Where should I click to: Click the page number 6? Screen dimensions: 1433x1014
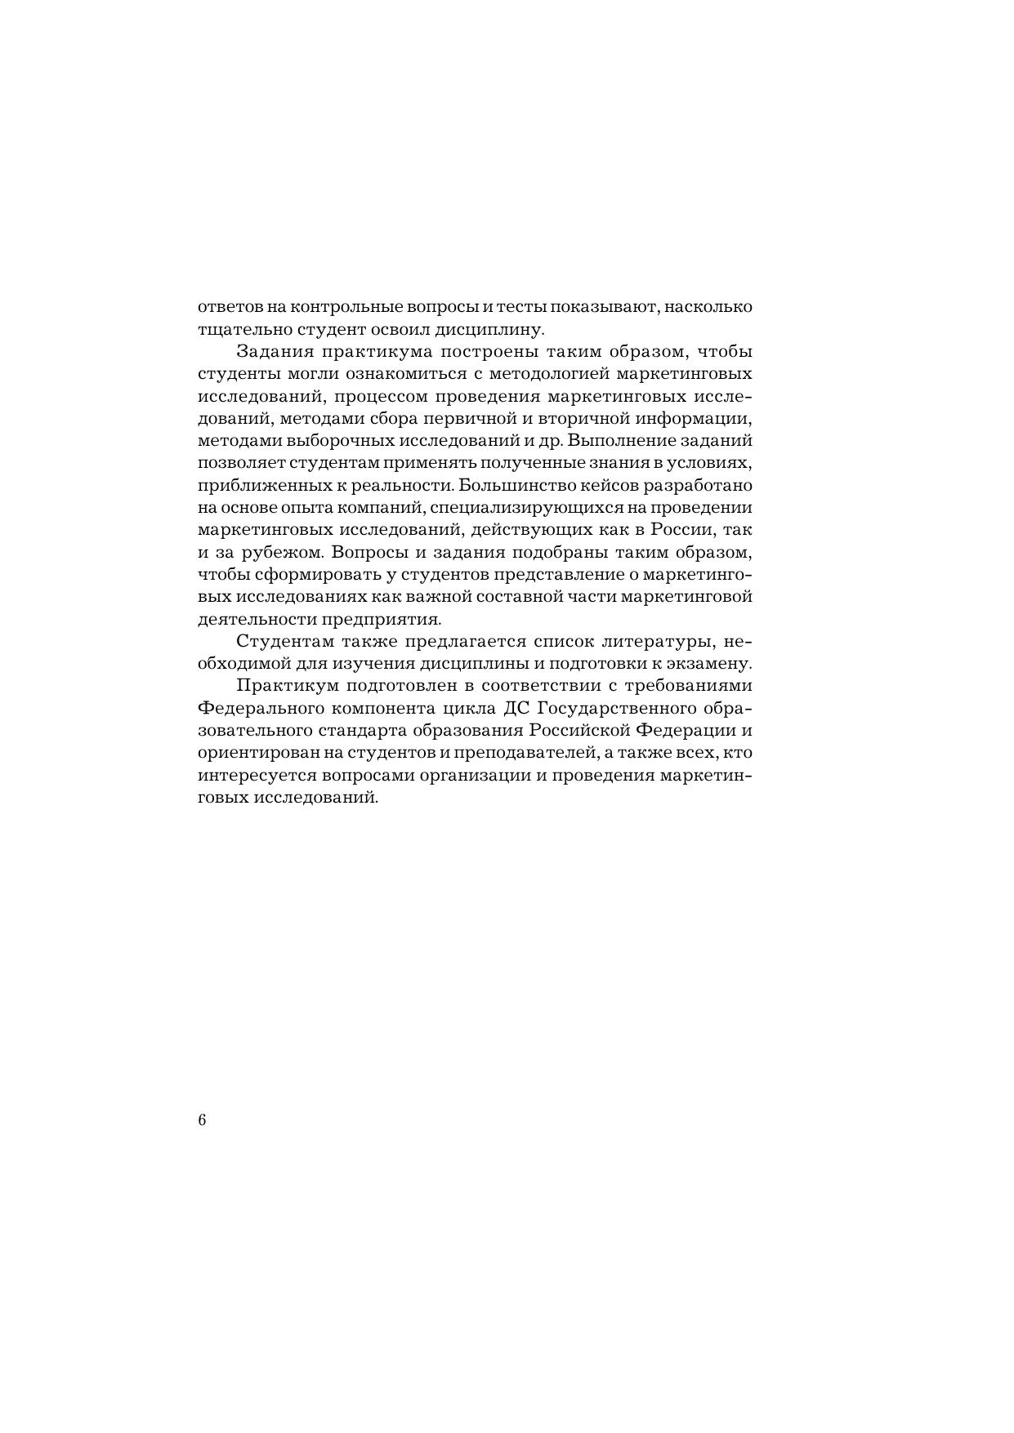pyautogui.click(x=203, y=1119)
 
